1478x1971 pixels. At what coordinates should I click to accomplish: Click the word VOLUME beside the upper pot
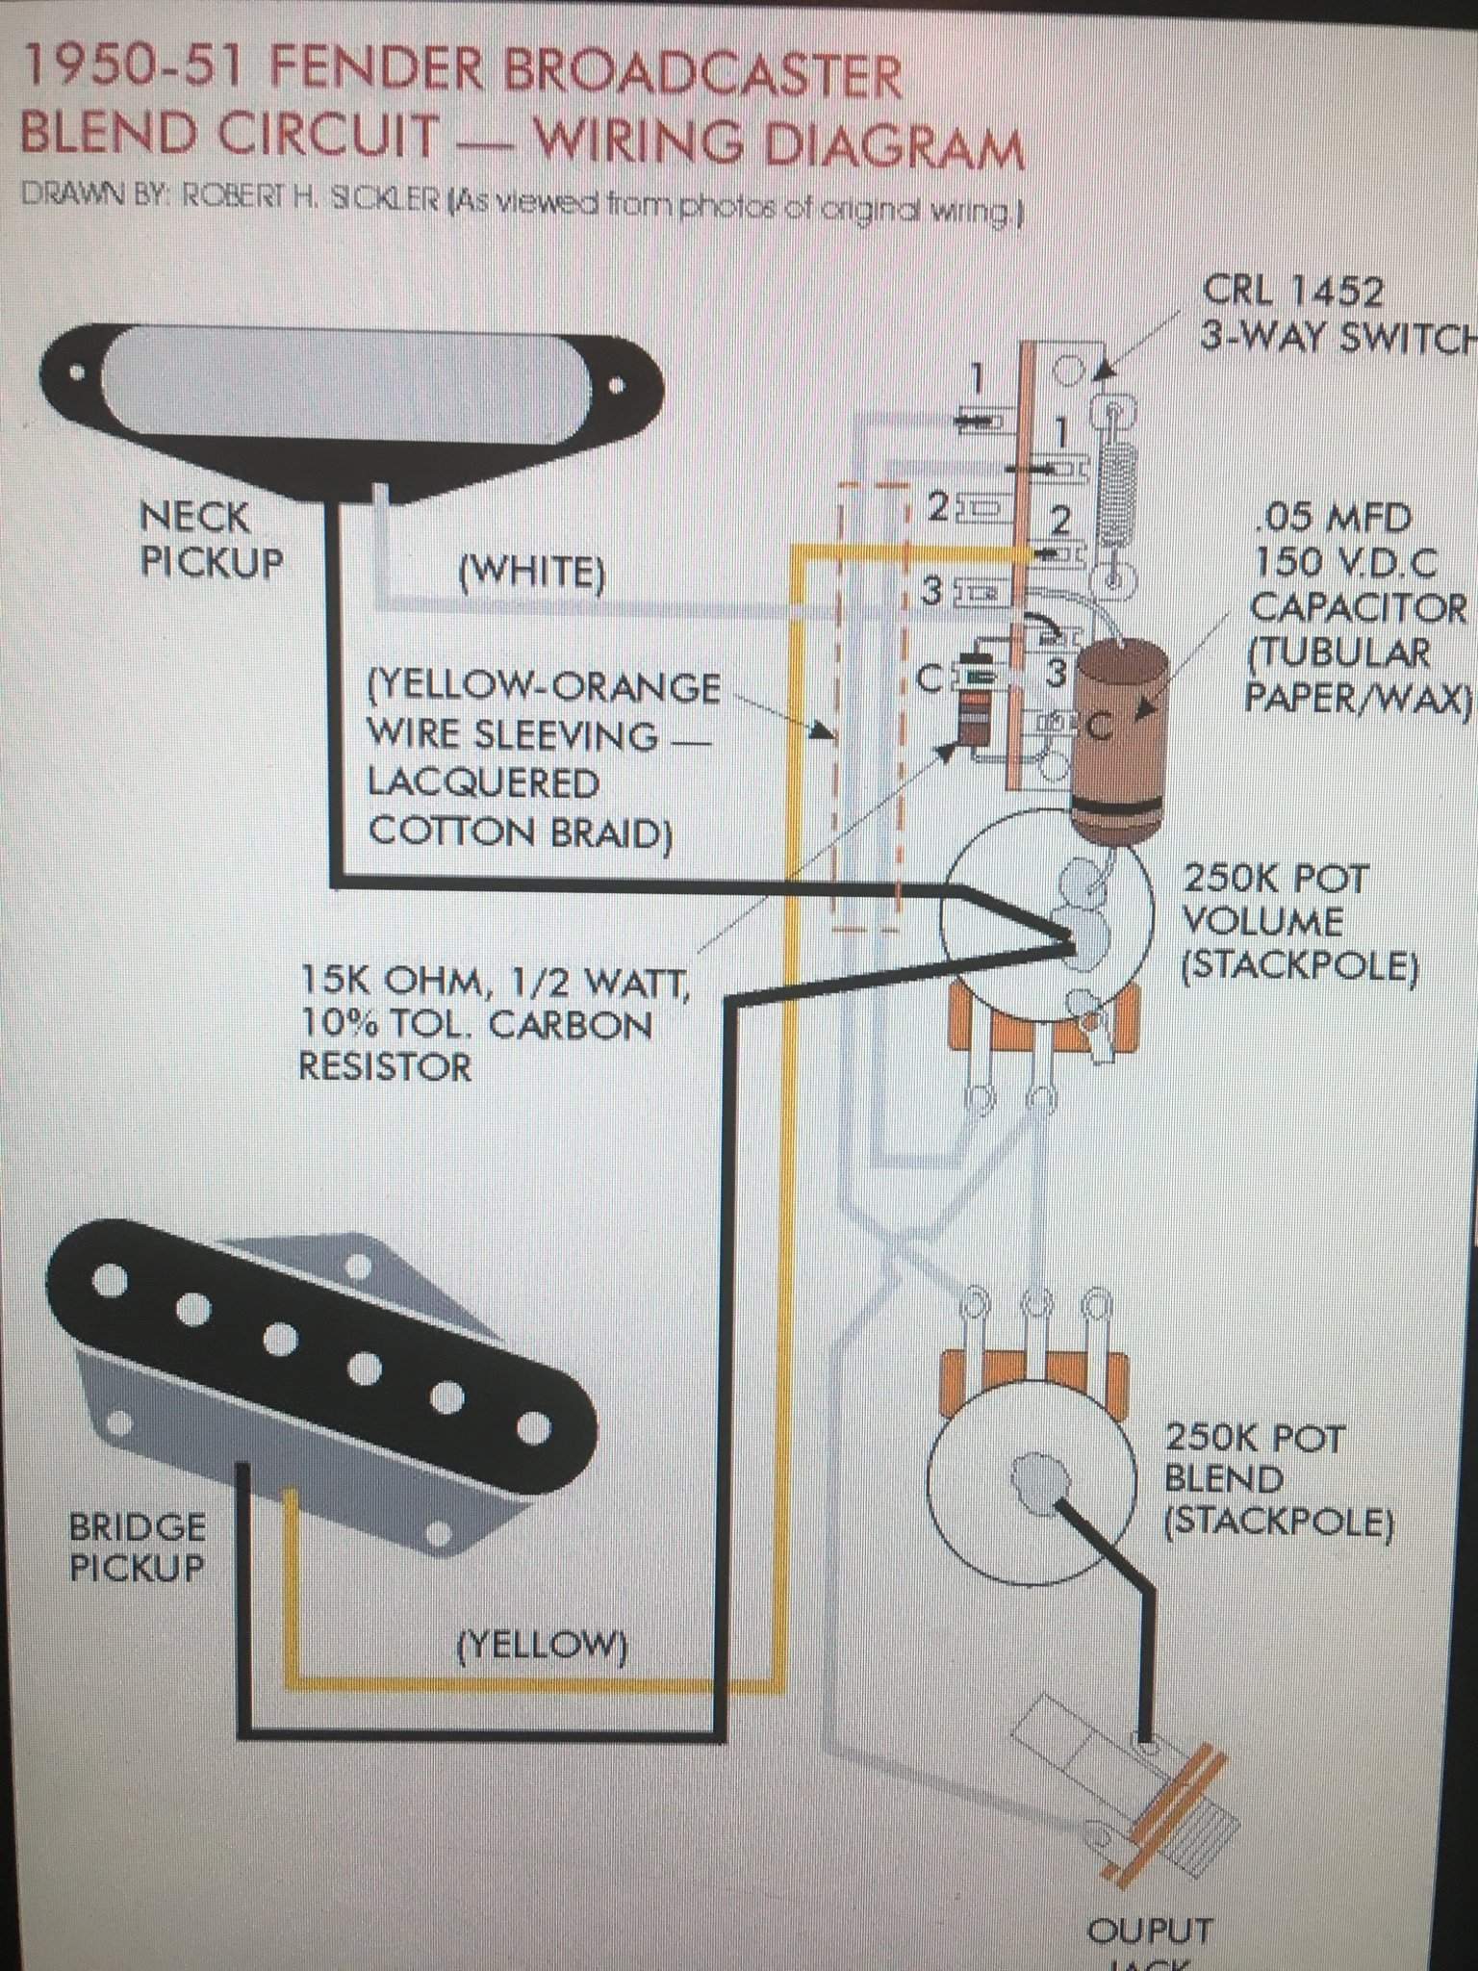click(x=1261, y=921)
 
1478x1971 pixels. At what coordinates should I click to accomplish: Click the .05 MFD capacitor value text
click(x=1334, y=520)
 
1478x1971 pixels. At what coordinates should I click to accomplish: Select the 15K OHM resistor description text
click(x=493, y=982)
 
